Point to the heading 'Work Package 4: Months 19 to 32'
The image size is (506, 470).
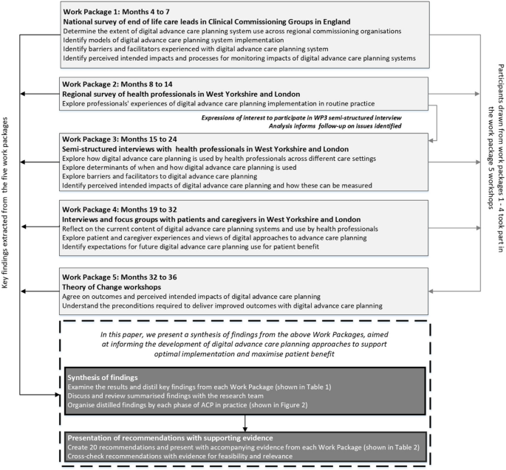134,208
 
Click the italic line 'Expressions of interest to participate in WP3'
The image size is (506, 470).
307,117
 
